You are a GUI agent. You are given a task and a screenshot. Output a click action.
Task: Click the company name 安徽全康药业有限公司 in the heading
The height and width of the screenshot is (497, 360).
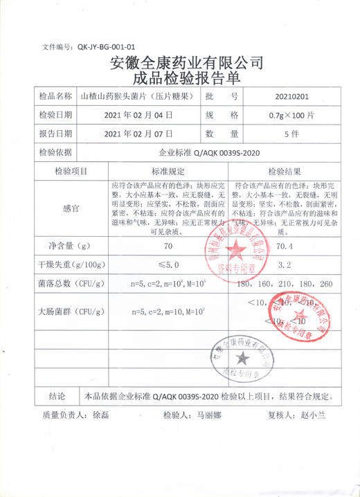(x=186, y=63)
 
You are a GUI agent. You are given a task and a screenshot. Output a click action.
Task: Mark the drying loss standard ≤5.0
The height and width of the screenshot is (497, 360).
(x=168, y=265)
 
